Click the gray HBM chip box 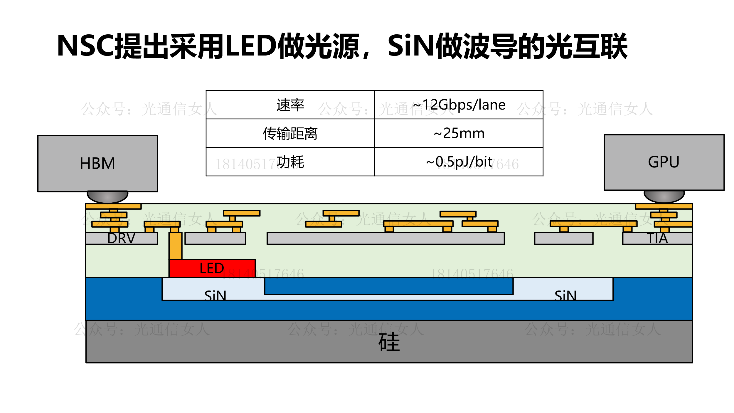[x=97, y=164]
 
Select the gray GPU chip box [x=664, y=162]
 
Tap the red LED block [x=212, y=268]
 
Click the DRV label [x=121, y=238]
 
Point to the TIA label [x=657, y=238]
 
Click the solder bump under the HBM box [x=107, y=197]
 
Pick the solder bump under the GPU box [x=664, y=196]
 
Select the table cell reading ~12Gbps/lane [x=459, y=105]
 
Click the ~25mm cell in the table [x=459, y=133]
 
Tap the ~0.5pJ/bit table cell [x=459, y=162]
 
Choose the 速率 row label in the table [x=290, y=105]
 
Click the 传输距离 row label [x=290, y=133]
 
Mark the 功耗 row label [x=290, y=162]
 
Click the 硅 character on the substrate [x=389, y=342]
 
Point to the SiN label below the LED [x=215, y=296]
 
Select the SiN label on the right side [x=565, y=296]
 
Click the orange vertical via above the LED [x=175, y=246]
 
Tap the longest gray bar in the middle [x=385, y=238]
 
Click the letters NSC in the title [x=85, y=46]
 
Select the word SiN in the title [x=410, y=46]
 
